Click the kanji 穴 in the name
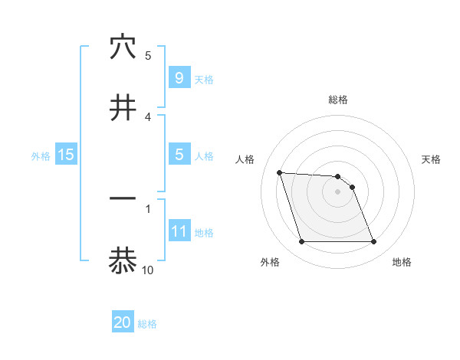coord(123,47)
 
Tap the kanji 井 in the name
coord(123,108)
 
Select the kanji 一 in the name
coord(123,198)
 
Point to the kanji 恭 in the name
coord(123,260)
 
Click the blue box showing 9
coord(179,77)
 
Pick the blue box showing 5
coord(179,154)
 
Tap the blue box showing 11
coord(179,231)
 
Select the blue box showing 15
coord(66,155)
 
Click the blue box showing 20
coord(123,322)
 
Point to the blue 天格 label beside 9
coord(204,79)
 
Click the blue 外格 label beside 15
coord(41,155)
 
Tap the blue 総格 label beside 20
coord(147,324)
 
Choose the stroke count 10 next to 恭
coord(148,270)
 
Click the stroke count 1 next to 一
coord(148,208)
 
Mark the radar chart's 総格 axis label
coord(337,100)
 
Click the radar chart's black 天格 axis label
coord(432,159)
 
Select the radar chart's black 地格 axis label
coord(402,263)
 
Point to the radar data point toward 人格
coord(280,172)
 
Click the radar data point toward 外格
coord(301,242)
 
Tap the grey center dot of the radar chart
coord(337,191)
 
